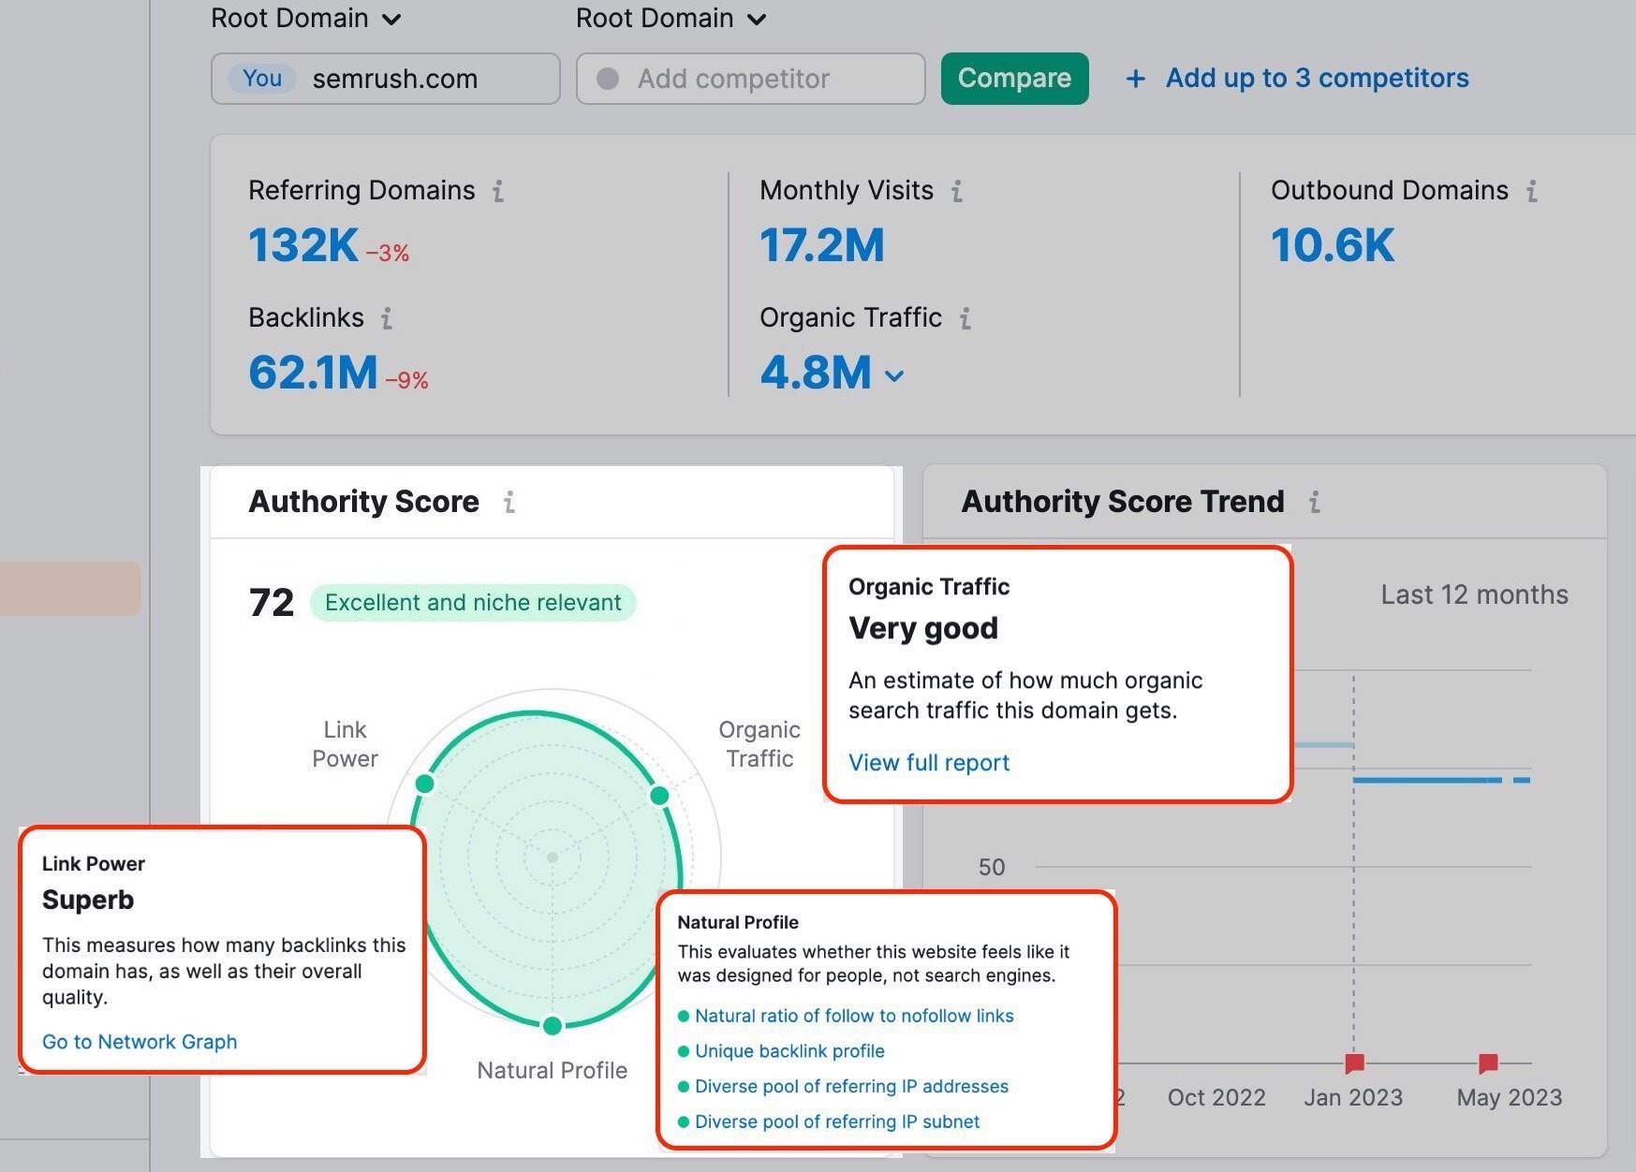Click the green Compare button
point(1014,79)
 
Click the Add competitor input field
point(749,79)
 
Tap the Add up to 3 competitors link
point(1316,79)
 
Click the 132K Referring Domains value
point(302,245)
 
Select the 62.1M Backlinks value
point(313,373)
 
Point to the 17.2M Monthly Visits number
point(821,245)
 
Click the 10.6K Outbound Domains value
point(1332,245)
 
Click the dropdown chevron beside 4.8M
point(894,376)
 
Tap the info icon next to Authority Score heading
point(508,503)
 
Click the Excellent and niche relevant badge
point(473,602)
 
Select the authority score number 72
point(271,602)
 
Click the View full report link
point(928,763)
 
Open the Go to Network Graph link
point(140,1042)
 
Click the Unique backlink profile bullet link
point(789,1051)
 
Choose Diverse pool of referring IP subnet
point(836,1121)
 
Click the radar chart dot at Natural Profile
point(553,1026)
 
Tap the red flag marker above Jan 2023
point(1354,1062)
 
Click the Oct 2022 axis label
point(1216,1097)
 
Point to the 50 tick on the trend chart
point(991,867)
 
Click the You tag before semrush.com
point(262,79)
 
